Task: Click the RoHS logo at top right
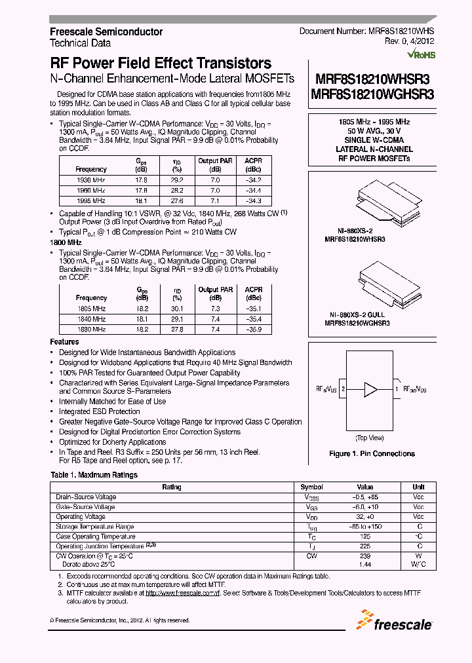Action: click(421, 54)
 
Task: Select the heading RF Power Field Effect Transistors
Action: click(161, 64)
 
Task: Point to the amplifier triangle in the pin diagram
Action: click(371, 389)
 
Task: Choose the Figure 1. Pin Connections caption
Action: click(372, 453)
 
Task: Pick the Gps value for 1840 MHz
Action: click(142, 319)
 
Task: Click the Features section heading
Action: click(65, 342)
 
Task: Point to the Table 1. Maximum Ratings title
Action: click(94, 475)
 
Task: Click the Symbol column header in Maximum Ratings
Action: click(312, 487)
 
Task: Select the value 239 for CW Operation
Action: click(365, 556)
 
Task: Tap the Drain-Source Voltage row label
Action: click(86, 497)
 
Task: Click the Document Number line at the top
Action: click(366, 31)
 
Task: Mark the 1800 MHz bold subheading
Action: click(66, 242)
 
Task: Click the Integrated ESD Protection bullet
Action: click(100, 411)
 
